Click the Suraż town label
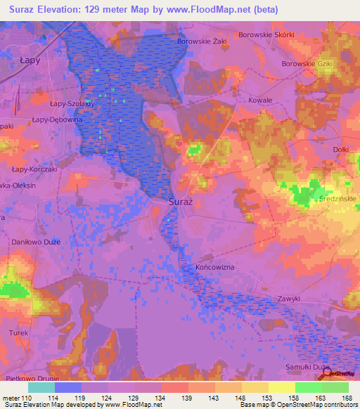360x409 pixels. pos(179,202)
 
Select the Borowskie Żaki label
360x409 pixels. pos(202,41)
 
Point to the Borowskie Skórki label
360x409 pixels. pos(266,34)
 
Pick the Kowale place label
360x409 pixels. pos(260,100)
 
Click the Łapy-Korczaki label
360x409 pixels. pos(35,169)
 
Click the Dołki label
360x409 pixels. pos(341,149)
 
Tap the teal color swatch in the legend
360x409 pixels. pos(41,387)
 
